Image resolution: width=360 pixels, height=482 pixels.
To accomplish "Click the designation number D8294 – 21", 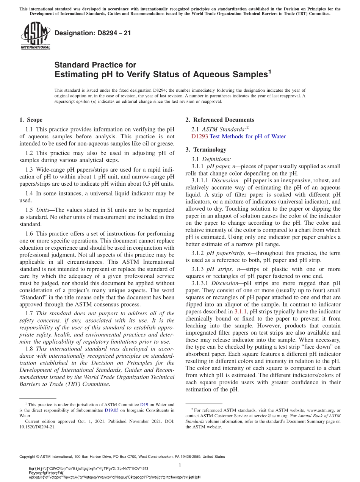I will [x=93, y=33].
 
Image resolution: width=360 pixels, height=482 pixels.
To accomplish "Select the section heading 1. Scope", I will [x=31, y=120].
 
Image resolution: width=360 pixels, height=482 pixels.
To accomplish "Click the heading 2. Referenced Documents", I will [x=219, y=120].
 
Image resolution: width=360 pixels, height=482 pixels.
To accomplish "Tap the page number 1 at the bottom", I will [x=180, y=465].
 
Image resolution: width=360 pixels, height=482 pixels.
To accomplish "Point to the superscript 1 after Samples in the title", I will [x=269, y=71].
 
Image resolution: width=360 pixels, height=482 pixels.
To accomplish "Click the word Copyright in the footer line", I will [x=29, y=457].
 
